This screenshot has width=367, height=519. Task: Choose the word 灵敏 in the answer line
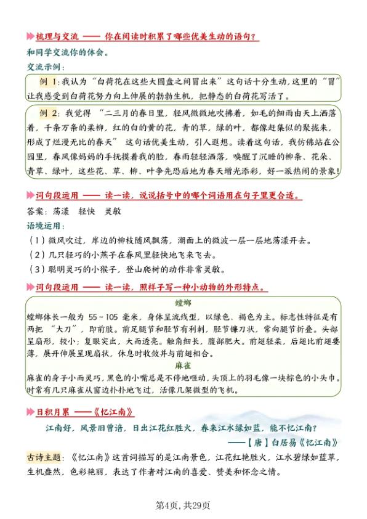coord(113,211)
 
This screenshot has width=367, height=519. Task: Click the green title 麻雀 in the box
coord(183,366)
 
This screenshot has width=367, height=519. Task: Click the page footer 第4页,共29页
coord(183,505)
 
